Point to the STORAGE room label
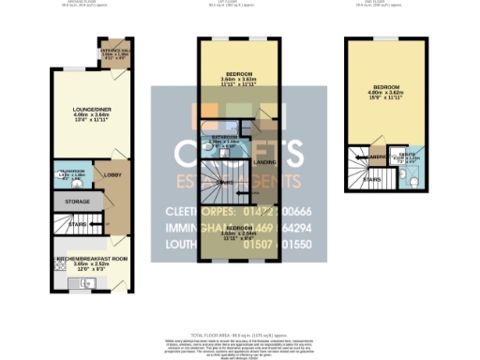78,202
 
